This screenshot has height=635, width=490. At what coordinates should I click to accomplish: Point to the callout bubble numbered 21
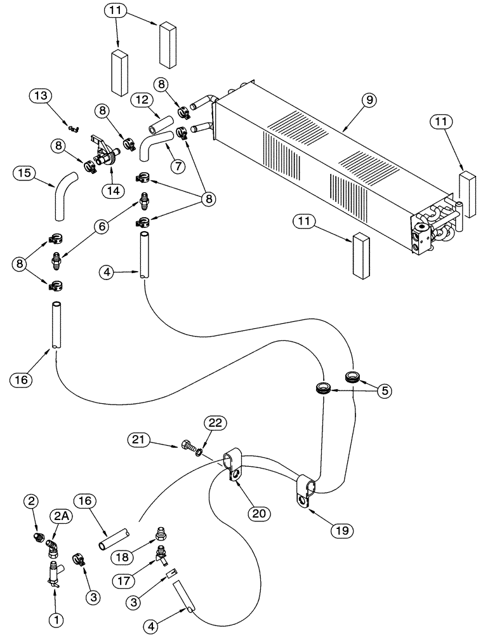pyautogui.click(x=141, y=439)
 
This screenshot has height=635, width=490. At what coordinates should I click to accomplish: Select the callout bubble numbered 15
pyautogui.click(x=25, y=173)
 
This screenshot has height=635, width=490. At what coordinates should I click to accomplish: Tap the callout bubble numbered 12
pyautogui.click(x=142, y=100)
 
